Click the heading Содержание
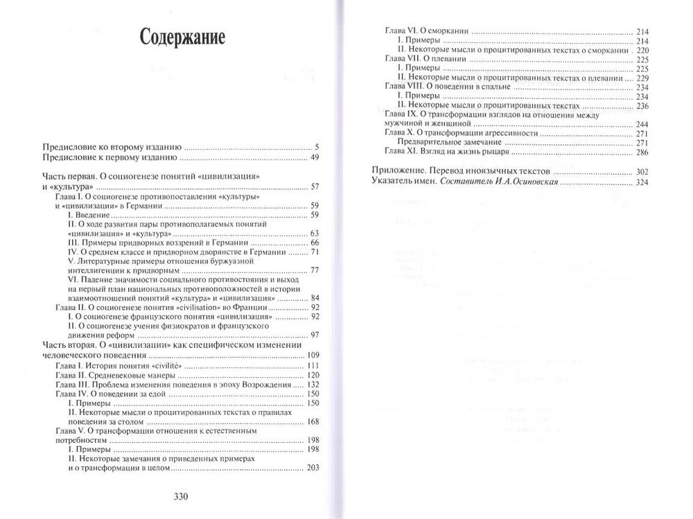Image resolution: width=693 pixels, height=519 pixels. pyautogui.click(x=182, y=37)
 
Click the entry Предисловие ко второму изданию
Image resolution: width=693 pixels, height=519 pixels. pyautogui.click(x=112, y=147)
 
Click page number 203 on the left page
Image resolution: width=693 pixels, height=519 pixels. pyautogui.click(x=312, y=468)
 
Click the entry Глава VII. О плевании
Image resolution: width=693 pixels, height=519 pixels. pyautogui.click(x=425, y=60)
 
